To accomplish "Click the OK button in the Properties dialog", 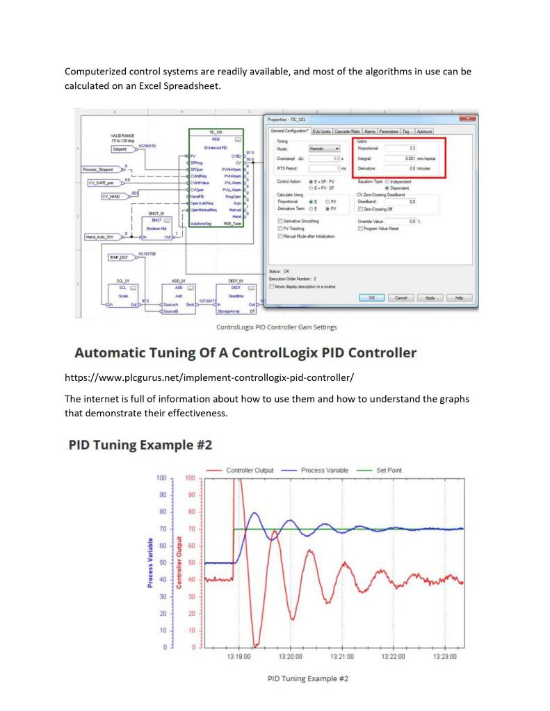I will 372,297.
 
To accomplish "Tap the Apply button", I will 430,297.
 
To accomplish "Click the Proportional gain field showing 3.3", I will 414,148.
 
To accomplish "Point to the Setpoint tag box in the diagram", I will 124,149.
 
